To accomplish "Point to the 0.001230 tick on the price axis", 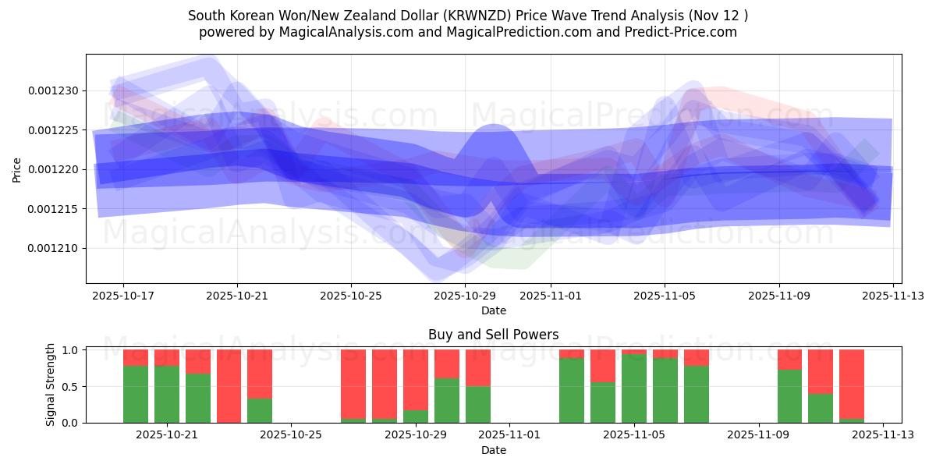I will tap(53, 90).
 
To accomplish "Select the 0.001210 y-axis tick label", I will tap(53, 248).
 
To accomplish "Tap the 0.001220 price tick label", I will tap(53, 169).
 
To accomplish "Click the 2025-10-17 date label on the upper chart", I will tap(123, 296).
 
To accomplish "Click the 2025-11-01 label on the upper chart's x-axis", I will tap(551, 296).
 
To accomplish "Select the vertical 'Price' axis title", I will tap(17, 169).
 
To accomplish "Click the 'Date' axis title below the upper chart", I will tap(493, 310).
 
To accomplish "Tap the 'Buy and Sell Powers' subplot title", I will tap(493, 335).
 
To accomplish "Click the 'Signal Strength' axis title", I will tap(51, 385).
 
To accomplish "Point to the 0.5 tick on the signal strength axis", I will tap(69, 386).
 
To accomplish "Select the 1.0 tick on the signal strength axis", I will tap(69, 350).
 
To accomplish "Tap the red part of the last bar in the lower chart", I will tap(852, 382).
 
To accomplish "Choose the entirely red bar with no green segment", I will tap(229, 386).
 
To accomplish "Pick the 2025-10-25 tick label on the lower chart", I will tap(291, 434).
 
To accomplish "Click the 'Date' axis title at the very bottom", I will tap(493, 450).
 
